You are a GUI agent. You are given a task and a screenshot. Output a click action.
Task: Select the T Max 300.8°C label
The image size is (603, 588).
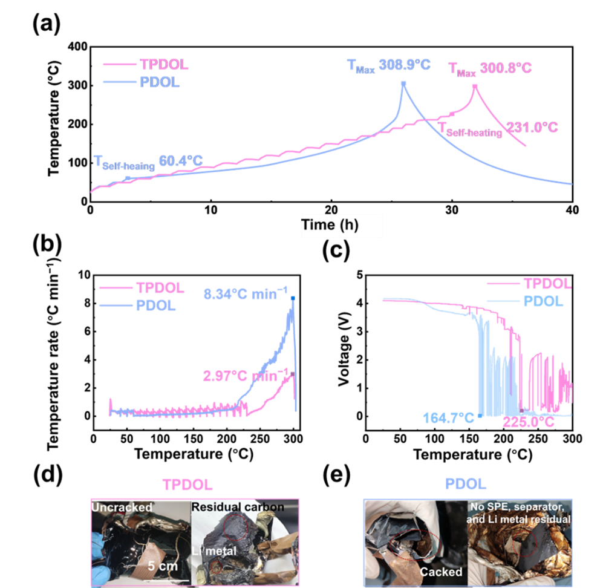coord(490,68)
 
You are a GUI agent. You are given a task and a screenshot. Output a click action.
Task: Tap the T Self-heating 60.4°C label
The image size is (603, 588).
coord(148,162)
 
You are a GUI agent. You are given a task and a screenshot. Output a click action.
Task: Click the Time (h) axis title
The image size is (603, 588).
coord(330,225)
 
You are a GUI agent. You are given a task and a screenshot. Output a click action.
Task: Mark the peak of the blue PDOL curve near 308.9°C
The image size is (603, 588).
coord(403,83)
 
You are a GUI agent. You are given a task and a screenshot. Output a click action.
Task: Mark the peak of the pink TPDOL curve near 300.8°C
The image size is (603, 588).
coord(475,85)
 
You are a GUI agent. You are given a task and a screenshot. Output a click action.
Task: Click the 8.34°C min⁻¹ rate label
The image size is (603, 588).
coord(244,295)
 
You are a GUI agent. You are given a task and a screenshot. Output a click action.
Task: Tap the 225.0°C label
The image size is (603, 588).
coord(529,422)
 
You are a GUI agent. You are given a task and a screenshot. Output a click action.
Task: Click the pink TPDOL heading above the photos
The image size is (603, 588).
coord(187,485)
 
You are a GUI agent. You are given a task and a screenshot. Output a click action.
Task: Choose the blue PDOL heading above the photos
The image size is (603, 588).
coord(466,485)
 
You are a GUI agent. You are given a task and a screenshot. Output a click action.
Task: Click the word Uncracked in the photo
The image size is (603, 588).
coord(122,507)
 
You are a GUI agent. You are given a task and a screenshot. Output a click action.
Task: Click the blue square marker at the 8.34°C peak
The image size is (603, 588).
coord(293,298)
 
